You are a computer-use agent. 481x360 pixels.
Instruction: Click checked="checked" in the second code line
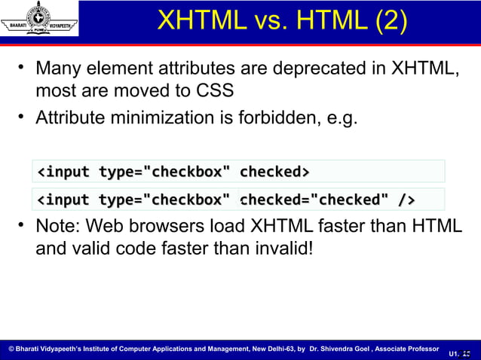[316, 200]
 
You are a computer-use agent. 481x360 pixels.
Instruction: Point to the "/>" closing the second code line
[406, 200]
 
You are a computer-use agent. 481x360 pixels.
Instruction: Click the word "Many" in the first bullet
[60, 70]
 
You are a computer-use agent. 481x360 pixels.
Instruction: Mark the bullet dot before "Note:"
[23, 224]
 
